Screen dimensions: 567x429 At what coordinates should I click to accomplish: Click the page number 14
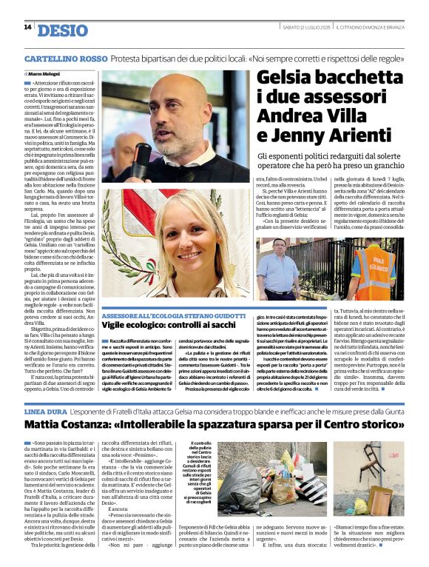tap(27, 27)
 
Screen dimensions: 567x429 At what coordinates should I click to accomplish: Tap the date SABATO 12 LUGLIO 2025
tap(306, 27)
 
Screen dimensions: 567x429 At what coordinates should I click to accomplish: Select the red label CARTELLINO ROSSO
tap(65, 58)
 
